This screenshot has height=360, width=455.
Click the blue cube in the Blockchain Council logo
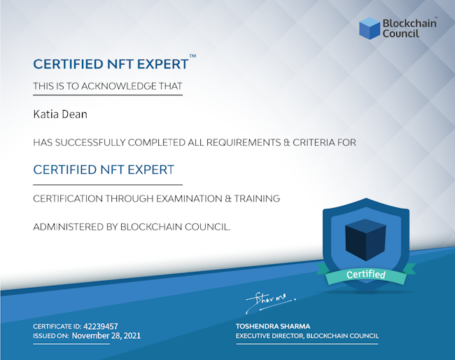point(370,28)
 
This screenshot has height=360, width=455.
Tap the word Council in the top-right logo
point(400,34)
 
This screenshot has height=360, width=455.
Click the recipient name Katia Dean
point(60,114)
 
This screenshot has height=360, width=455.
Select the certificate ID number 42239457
point(101,326)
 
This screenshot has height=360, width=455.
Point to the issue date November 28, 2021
point(106,336)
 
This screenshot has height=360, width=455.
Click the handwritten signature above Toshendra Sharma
point(271,303)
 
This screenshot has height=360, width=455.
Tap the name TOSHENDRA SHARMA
point(273,326)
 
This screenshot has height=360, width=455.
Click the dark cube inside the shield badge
point(365,240)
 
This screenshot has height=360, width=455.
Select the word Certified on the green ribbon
point(365,275)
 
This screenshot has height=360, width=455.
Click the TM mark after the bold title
point(192,56)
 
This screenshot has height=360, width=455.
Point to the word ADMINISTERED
point(68,227)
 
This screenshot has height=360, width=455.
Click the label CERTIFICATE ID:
point(57,326)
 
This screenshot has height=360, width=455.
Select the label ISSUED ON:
point(51,336)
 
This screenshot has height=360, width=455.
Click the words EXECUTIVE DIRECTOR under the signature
point(269,336)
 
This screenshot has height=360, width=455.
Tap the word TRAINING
point(257,199)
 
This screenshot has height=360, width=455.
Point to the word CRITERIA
point(314,143)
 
